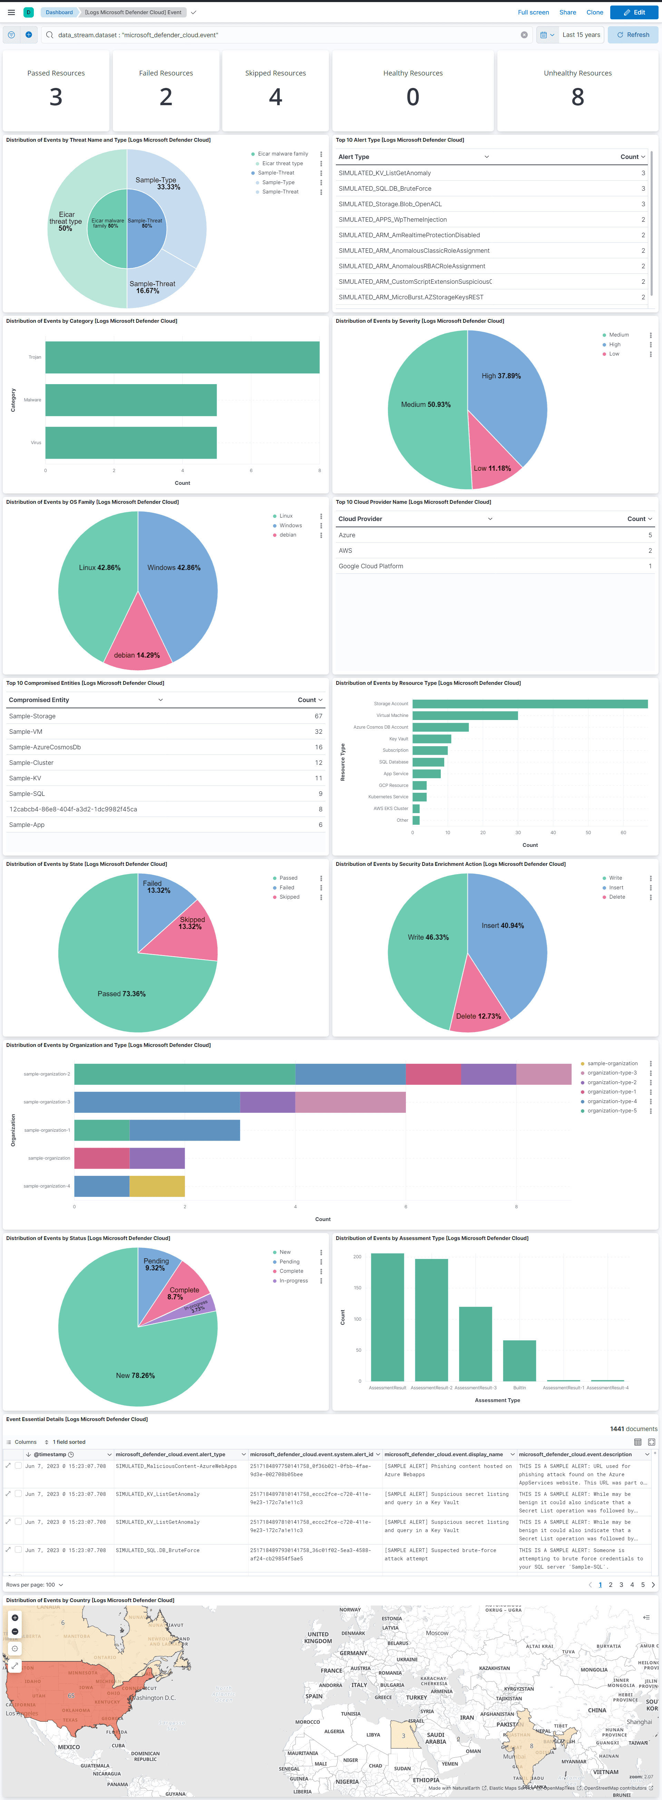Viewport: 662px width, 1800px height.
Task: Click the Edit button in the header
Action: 634,12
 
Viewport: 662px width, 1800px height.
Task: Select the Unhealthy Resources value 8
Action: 577,97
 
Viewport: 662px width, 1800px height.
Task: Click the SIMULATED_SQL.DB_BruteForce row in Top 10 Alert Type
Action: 385,189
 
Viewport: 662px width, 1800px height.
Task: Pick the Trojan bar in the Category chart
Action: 182,357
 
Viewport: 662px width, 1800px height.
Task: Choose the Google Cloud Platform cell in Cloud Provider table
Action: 371,566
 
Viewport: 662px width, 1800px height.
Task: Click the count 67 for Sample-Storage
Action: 318,716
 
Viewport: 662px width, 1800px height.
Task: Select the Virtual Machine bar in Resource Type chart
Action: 465,716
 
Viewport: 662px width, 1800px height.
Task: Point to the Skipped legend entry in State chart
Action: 289,897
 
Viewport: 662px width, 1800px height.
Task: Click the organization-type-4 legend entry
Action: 612,1101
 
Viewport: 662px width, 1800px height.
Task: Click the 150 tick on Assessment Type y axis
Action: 357,1288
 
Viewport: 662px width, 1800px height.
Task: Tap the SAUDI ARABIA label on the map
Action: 436,1738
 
